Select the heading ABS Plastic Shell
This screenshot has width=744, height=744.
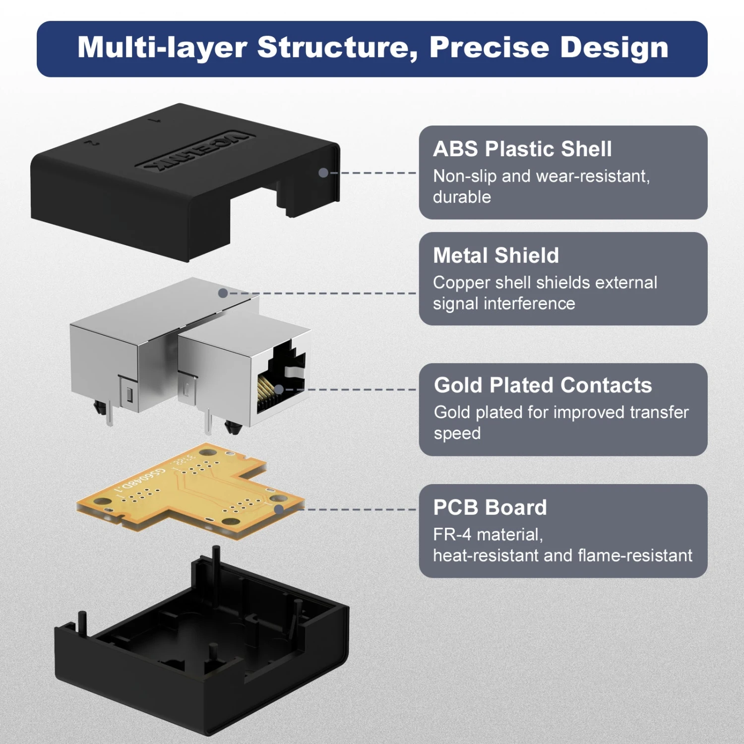(x=522, y=149)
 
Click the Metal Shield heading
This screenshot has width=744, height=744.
(x=496, y=256)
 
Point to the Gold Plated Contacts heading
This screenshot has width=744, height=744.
(x=543, y=385)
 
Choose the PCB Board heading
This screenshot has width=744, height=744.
(x=490, y=507)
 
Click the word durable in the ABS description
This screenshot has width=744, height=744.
(x=462, y=197)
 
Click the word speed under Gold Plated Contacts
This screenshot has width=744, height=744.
(x=457, y=434)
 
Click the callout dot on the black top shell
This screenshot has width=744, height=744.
(x=323, y=173)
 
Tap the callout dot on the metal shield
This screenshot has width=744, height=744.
(x=223, y=293)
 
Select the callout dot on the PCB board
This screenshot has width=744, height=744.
(x=279, y=509)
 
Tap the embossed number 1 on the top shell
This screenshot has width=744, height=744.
(x=157, y=120)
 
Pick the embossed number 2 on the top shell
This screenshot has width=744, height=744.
(x=91, y=143)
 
